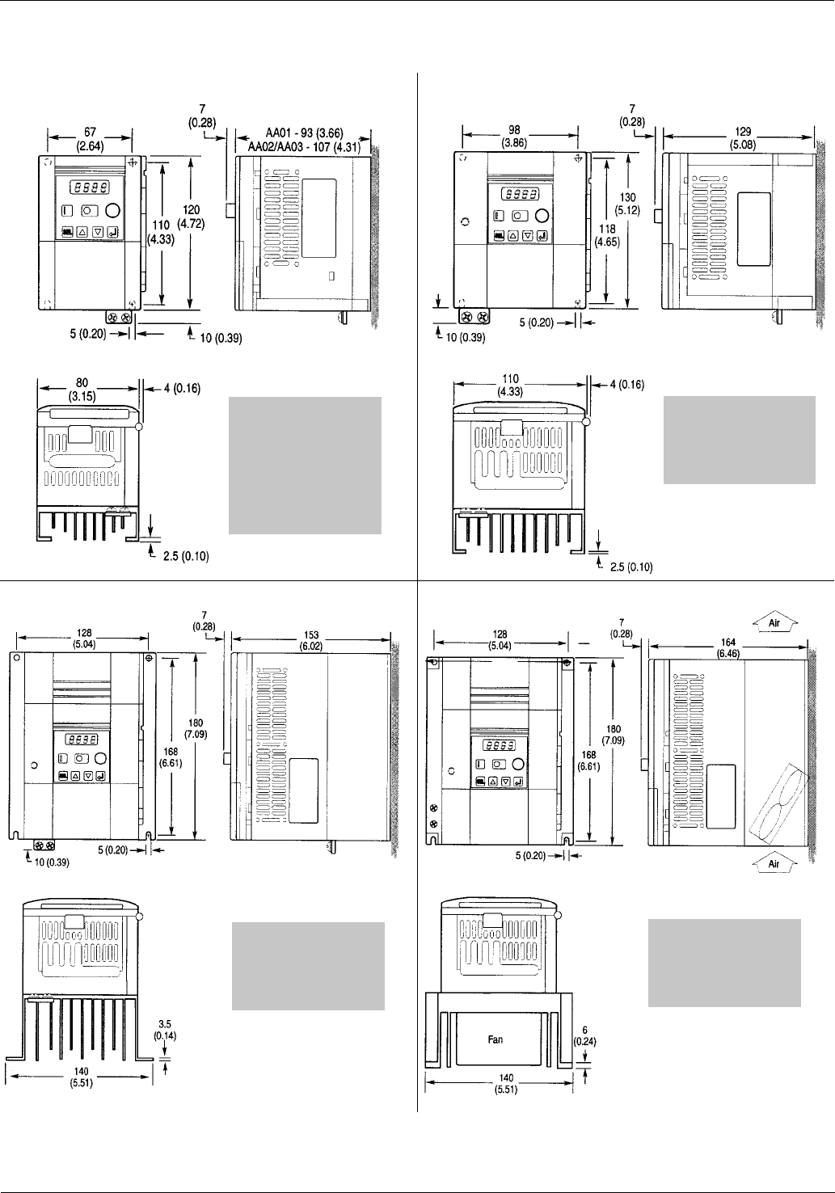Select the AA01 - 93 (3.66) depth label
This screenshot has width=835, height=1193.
point(305,133)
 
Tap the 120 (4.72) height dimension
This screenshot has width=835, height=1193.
point(191,217)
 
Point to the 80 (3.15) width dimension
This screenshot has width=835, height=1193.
point(82,390)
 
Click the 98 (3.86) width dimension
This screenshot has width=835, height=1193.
point(514,137)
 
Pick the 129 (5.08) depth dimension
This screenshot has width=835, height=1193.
point(742,137)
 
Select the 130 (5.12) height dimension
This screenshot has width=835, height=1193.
point(627,204)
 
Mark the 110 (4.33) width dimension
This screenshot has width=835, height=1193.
point(509,385)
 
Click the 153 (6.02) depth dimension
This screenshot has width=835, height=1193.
point(311,640)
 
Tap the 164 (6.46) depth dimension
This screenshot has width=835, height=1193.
point(728,647)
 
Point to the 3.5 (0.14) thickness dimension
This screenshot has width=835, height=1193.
point(165,1030)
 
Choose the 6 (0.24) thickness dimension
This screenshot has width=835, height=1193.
point(584,1036)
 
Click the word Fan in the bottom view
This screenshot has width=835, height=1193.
point(496,1039)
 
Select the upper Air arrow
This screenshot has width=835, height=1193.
point(774,621)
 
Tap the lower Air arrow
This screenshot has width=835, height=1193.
point(774,862)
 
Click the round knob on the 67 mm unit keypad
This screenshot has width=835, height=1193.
point(113,210)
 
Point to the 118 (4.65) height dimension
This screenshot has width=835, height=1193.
point(606,235)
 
